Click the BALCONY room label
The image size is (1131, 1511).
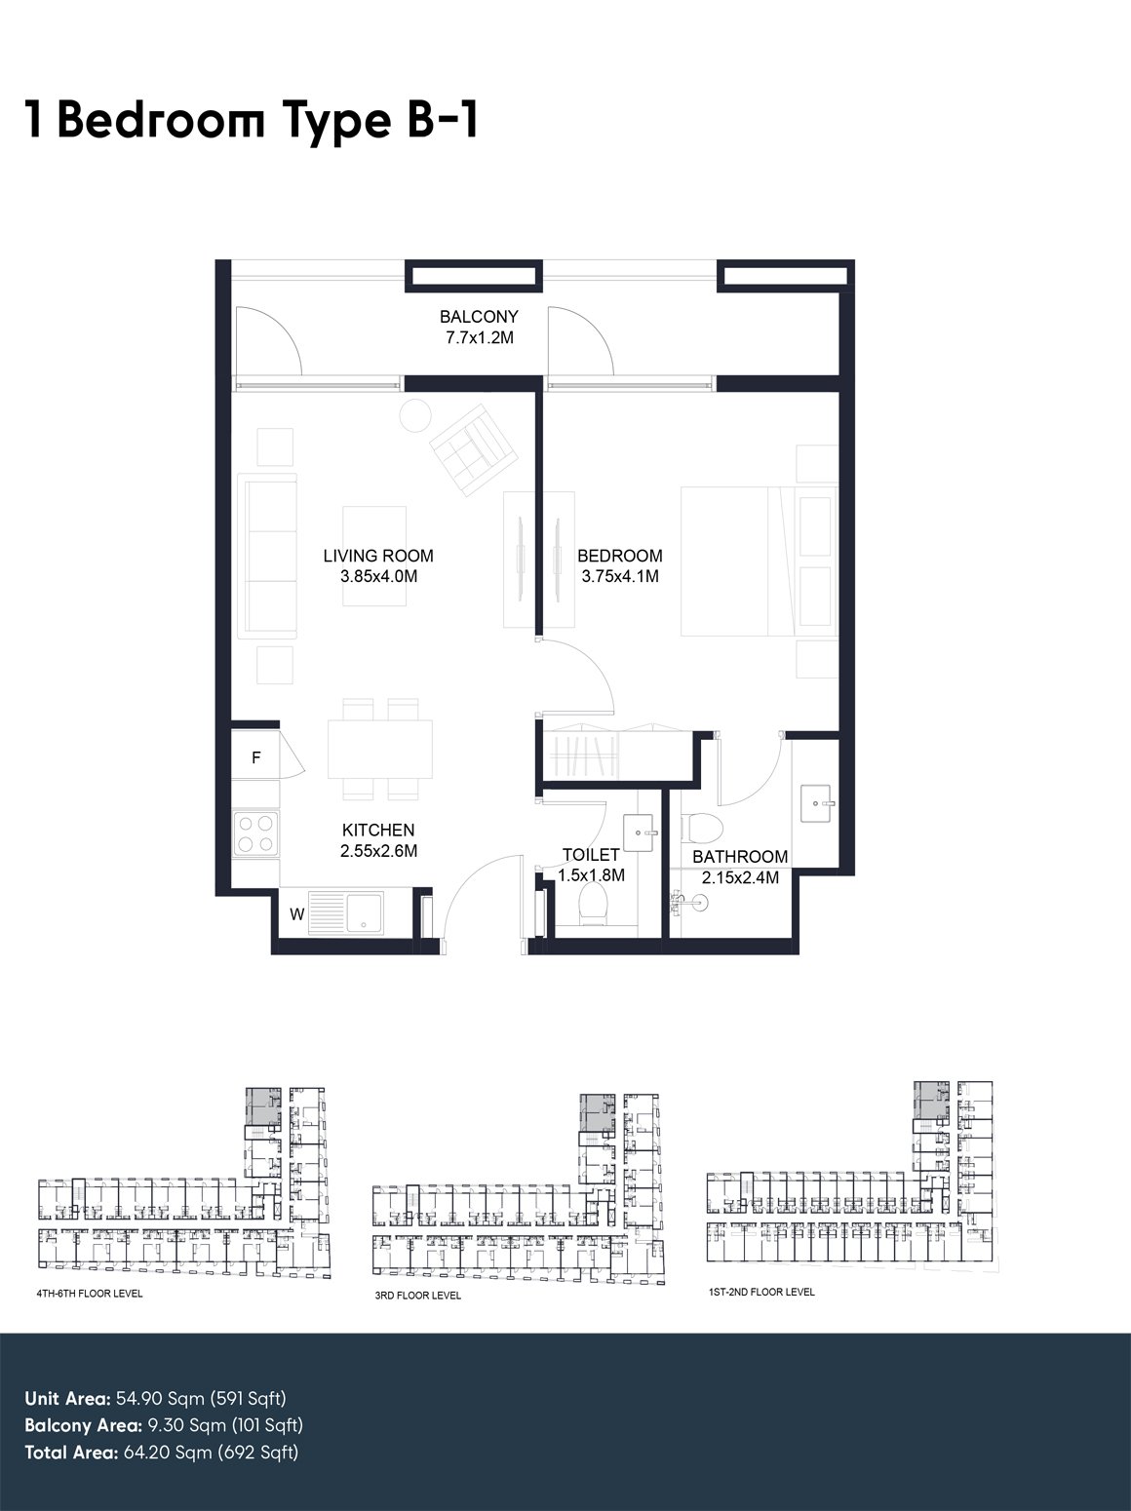(479, 317)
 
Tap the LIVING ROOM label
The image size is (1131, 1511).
(378, 556)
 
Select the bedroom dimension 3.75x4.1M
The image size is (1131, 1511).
(620, 576)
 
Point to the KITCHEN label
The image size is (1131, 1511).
(378, 831)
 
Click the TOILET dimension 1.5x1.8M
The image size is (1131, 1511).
(591, 875)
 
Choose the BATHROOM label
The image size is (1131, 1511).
(740, 857)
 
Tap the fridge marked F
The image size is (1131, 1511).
(255, 757)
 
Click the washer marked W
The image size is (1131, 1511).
(296, 914)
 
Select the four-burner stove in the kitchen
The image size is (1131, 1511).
(255, 833)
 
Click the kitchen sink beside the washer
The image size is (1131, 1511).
(346, 913)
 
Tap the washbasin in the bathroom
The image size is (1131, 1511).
(817, 802)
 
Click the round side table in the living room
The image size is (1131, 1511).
(414, 414)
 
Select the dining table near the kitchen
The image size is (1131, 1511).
(380, 749)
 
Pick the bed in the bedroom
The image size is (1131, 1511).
(758, 562)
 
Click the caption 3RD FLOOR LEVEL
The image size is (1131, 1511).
(418, 1295)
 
